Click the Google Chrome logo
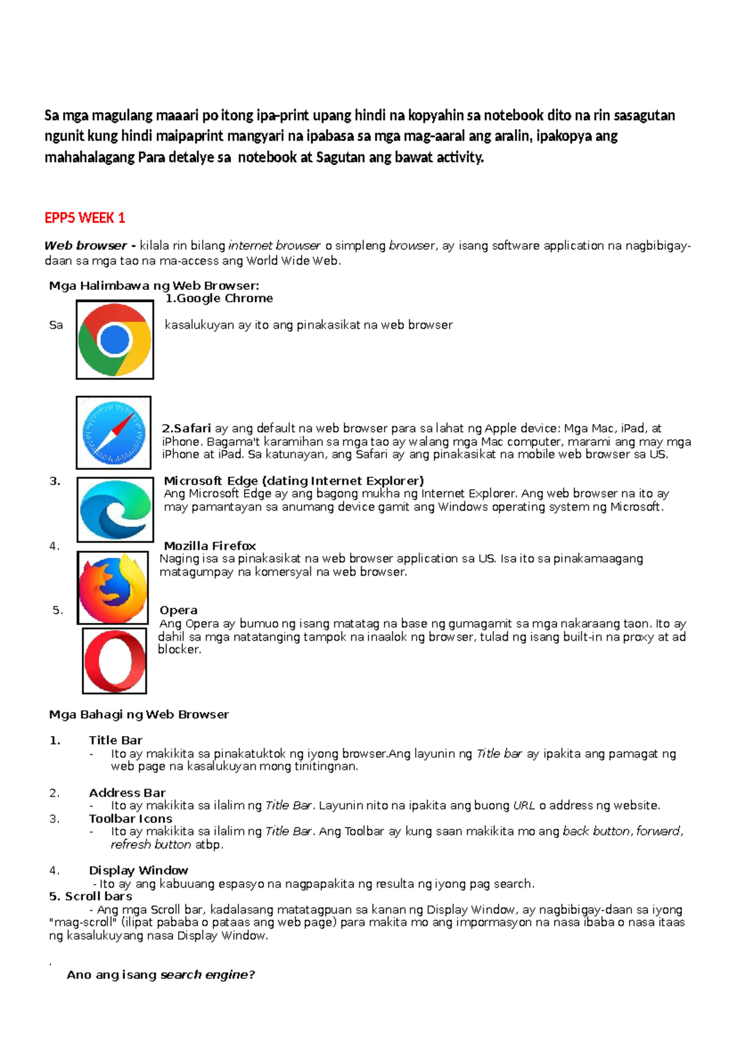pyautogui.click(x=115, y=340)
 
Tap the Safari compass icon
pyautogui.click(x=114, y=433)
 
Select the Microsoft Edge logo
pyautogui.click(x=115, y=509)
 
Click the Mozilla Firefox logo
pyautogui.click(x=113, y=588)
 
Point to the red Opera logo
pyautogui.click(x=115, y=661)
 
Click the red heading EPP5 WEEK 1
pyautogui.click(x=85, y=218)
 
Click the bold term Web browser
pyautogui.click(x=85, y=246)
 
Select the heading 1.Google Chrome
pyautogui.click(x=219, y=299)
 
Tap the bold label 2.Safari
pyautogui.click(x=187, y=428)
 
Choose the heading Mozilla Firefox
pyautogui.click(x=210, y=546)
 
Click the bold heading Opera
pyautogui.click(x=179, y=610)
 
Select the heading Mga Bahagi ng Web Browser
pyautogui.click(x=139, y=715)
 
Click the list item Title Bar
pyautogui.click(x=115, y=740)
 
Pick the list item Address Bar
pyautogui.click(x=127, y=793)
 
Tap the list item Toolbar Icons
pyautogui.click(x=131, y=818)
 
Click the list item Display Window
pyautogui.click(x=139, y=870)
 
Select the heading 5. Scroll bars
pyautogui.click(x=90, y=896)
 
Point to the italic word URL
pyautogui.click(x=524, y=805)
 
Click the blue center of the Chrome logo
pyautogui.click(x=114, y=340)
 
